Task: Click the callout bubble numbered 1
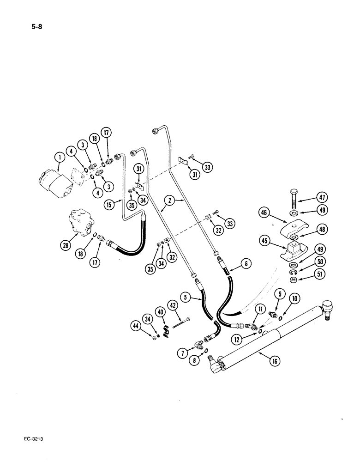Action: click(58, 159)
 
